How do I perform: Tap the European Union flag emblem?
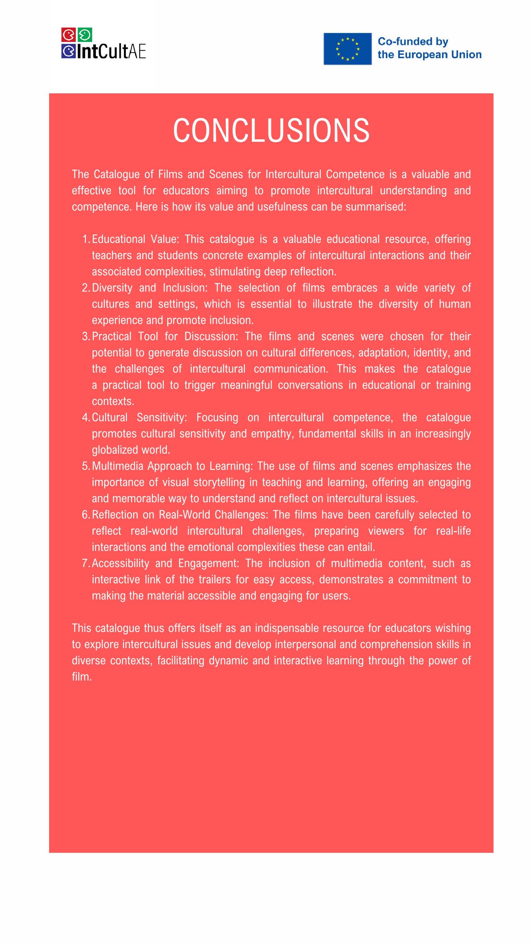[x=347, y=49]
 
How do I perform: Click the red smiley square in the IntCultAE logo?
[x=67, y=35]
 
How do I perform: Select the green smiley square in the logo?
[x=85, y=35]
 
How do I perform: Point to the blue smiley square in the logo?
[x=67, y=51]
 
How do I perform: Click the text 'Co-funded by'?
[x=413, y=41]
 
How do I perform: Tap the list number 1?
[x=86, y=239]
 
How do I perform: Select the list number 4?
[x=86, y=417]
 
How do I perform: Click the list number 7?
[x=86, y=563]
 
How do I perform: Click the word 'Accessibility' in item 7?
[x=120, y=563]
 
